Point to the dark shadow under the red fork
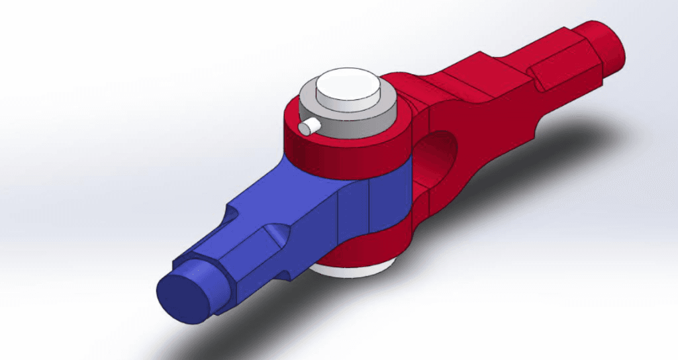point(543,152)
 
